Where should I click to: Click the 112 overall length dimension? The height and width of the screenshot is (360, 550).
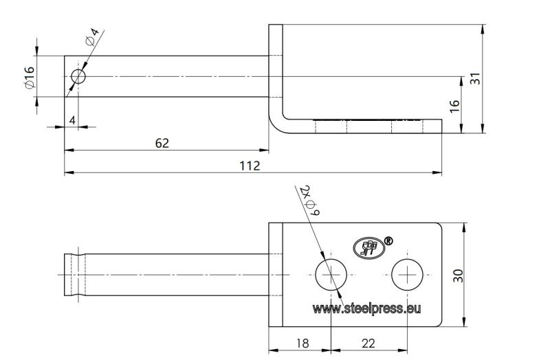tap(250, 166)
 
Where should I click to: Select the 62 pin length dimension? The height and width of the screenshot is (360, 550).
tap(162, 144)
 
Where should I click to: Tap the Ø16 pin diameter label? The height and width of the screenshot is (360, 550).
tap(30, 77)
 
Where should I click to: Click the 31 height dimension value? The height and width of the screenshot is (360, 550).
tap(474, 78)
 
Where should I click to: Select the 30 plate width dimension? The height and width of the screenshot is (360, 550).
tap(458, 275)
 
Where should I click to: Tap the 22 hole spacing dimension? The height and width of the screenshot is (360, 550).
tap(368, 344)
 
